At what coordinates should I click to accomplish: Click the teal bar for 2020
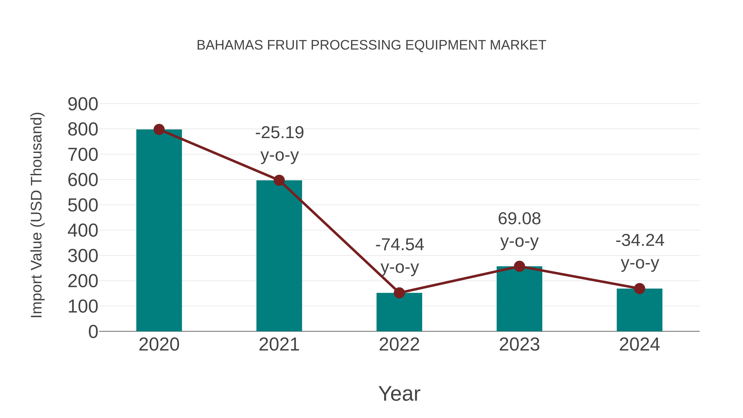(x=159, y=231)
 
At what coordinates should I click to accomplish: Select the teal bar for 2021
(x=279, y=257)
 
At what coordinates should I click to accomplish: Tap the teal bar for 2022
(x=399, y=313)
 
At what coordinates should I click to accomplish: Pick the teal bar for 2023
(x=519, y=300)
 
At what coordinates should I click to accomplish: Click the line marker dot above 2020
(x=159, y=129)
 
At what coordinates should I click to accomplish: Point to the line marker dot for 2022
(x=399, y=293)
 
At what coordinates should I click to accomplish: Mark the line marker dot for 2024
(x=639, y=289)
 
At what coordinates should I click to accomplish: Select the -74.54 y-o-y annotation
(x=400, y=256)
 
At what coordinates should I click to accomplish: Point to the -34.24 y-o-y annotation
(x=640, y=252)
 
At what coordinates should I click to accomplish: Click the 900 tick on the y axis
(x=83, y=104)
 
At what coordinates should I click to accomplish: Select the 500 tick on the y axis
(x=83, y=205)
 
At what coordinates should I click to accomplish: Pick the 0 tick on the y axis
(x=93, y=332)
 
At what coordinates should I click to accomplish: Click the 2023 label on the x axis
(x=519, y=345)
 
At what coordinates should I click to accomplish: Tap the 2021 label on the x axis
(x=279, y=345)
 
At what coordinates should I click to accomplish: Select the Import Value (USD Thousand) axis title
(x=37, y=215)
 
